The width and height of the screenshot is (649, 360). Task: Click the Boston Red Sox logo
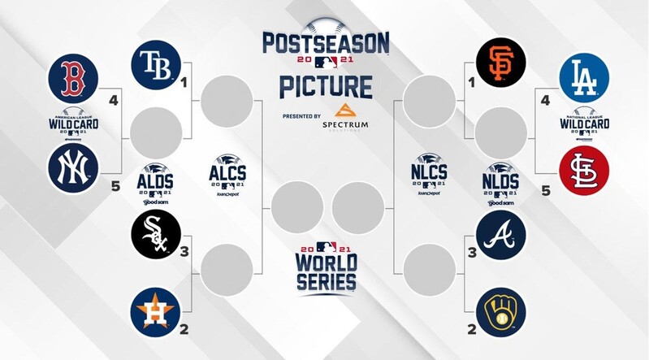coord(73,77)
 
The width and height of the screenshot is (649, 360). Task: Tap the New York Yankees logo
coord(73,168)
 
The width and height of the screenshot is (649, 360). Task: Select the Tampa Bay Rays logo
coord(155,63)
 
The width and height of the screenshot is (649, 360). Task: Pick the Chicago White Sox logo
coord(155,234)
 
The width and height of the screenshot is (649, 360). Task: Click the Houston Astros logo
coord(155,312)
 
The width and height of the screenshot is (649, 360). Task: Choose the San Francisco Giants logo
coord(501,62)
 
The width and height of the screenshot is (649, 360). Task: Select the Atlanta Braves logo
coord(501,235)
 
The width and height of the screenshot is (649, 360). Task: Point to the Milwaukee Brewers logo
coord(501,312)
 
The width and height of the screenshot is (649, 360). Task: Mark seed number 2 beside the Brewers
coord(472,330)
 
